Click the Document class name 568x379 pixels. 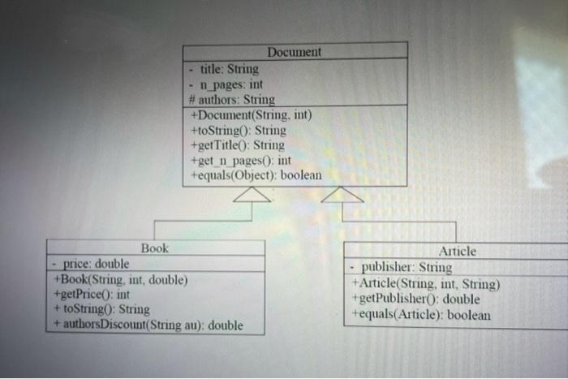tap(295, 51)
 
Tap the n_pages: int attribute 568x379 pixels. tap(231, 84)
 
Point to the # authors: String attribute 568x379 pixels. tap(231, 99)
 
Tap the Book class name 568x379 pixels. tap(155, 248)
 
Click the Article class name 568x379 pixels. tap(456, 252)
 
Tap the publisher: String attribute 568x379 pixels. tap(406, 267)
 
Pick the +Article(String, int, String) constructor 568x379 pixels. tap(425, 283)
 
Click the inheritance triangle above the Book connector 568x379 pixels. tap(252, 195)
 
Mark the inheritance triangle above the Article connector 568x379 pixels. tap(342, 195)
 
